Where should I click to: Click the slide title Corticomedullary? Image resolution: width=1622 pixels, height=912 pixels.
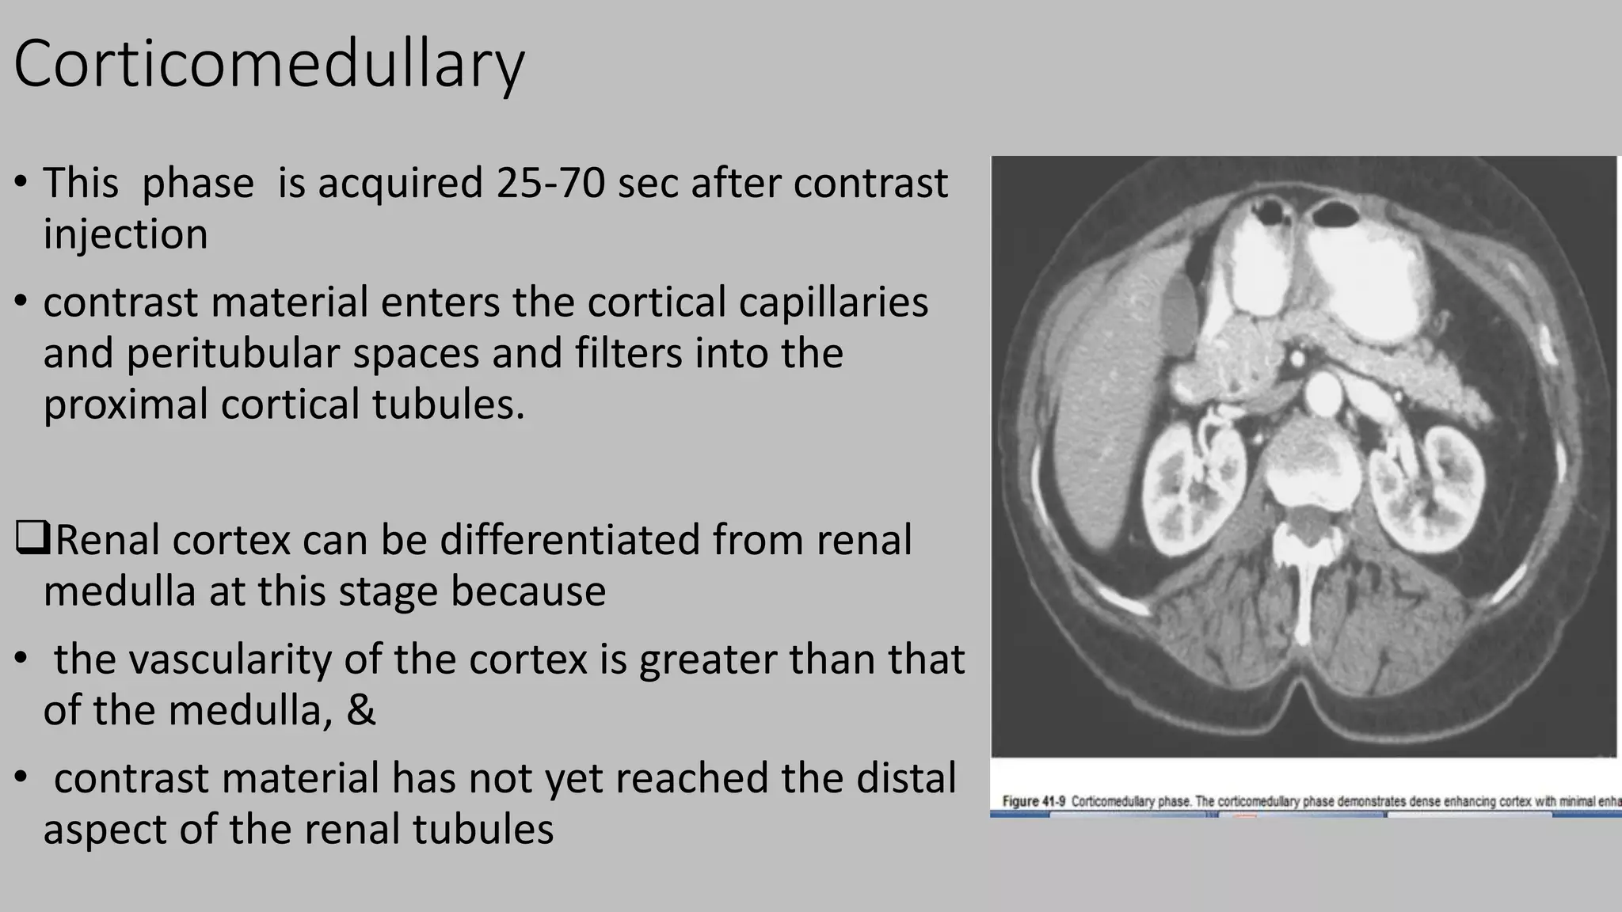268,64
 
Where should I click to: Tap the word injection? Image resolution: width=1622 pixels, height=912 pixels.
125,234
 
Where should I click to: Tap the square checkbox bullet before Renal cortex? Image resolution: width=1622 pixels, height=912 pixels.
32,539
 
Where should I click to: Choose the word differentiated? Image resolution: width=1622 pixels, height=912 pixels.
569,540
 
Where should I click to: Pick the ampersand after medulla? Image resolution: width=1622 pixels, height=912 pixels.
360,710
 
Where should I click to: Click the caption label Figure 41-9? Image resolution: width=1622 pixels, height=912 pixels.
1031,801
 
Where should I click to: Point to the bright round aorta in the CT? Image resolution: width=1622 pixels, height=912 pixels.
1320,393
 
